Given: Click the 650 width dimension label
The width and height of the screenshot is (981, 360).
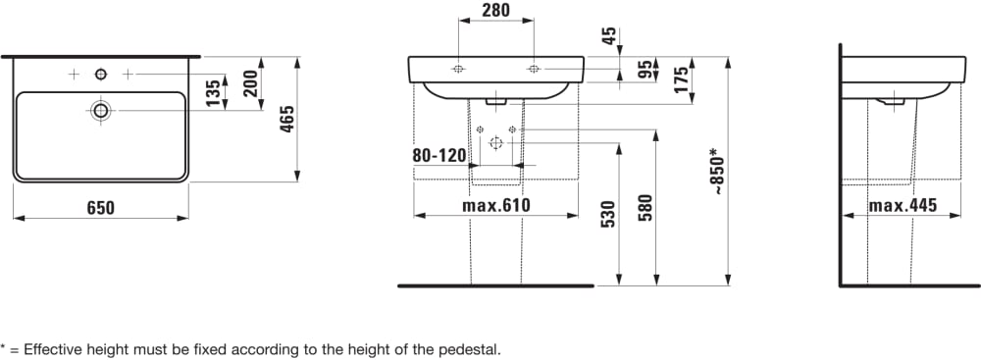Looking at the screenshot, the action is [101, 208].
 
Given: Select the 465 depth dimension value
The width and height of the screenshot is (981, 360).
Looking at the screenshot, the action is [286, 119].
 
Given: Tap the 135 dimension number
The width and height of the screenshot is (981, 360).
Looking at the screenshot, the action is [215, 92].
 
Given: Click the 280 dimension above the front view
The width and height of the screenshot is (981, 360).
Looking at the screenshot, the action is [496, 10].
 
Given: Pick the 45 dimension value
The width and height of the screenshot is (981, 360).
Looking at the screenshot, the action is [609, 36].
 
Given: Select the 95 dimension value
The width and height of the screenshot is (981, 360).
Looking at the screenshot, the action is [644, 69].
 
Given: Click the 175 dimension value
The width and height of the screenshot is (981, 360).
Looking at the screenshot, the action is [682, 79].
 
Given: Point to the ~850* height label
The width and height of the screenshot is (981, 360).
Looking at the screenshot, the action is [719, 171].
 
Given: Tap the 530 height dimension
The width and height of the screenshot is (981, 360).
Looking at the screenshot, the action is [609, 214].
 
